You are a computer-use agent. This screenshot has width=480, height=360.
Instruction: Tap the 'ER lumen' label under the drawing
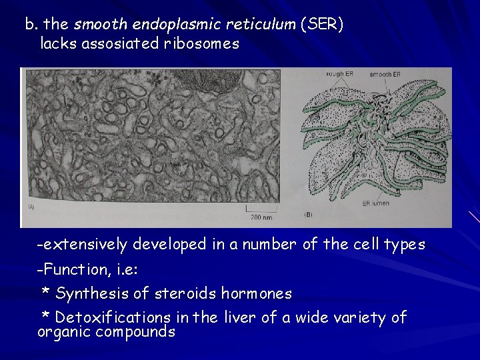point(375,203)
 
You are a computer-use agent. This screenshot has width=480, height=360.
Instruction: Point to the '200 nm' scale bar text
point(262,217)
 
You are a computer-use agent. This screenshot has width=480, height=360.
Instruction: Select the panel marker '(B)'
point(309,215)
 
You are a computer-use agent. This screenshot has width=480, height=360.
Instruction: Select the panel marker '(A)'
point(31,206)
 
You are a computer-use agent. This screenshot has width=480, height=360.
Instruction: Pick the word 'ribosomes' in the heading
point(207,44)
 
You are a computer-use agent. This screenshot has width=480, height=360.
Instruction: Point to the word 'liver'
point(239,318)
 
